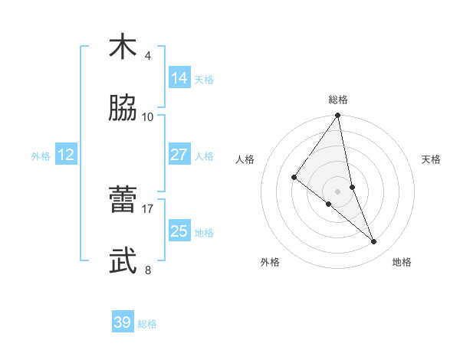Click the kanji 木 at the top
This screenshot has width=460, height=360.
click(123, 47)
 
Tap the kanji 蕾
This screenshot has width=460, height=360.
click(123, 199)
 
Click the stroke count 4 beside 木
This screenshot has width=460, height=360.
click(147, 56)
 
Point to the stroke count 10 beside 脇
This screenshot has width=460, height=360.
click(148, 117)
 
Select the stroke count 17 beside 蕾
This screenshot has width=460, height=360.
click(148, 208)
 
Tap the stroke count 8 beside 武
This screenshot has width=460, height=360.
click(147, 270)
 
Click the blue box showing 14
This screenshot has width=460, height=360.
click(179, 78)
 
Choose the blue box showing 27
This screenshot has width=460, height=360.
click(179, 155)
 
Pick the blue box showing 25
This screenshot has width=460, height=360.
click(179, 231)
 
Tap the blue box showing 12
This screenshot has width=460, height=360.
click(66, 155)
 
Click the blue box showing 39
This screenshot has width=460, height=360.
click(123, 322)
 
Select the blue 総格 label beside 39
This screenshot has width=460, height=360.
click(147, 324)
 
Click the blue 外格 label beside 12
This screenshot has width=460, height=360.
click(41, 156)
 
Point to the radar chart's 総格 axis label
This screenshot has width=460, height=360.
click(338, 100)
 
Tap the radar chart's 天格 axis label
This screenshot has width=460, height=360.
click(432, 159)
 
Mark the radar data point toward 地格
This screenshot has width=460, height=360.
click(374, 242)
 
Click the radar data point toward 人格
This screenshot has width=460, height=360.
click(294, 178)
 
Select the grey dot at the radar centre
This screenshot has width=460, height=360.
click(338, 191)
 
